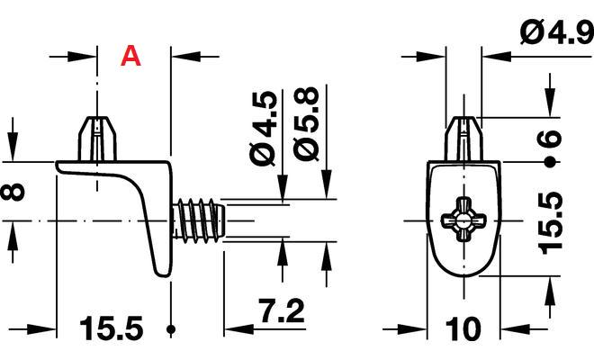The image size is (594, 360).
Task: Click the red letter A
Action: coord(130,56)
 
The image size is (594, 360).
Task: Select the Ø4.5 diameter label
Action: coord(263,128)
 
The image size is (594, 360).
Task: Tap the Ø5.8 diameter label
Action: coord(305,124)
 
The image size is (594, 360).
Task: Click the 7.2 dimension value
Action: coord(281,310)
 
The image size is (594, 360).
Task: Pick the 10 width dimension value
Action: coord(463,328)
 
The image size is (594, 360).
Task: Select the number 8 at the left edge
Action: coord(13,192)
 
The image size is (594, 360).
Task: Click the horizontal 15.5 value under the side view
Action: coord(112,328)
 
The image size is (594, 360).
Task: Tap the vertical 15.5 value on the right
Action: coord(550,222)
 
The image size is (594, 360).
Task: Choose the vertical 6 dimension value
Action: coord(549,138)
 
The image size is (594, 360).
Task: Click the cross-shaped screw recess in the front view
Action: coord(463,220)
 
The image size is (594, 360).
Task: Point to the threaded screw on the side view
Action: coord(199,220)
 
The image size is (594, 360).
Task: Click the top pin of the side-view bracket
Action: coord(97,139)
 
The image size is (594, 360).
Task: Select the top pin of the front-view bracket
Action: coord(463,139)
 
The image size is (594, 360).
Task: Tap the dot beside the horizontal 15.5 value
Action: coord(171,328)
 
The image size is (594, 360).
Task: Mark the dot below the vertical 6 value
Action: coord(549,163)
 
